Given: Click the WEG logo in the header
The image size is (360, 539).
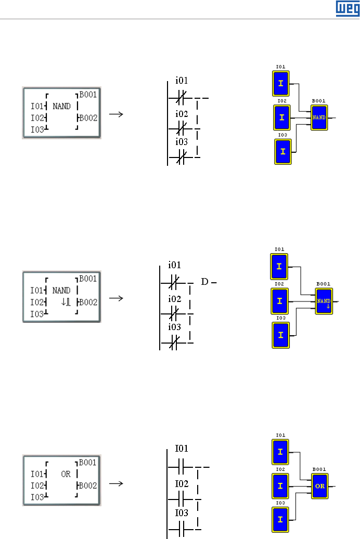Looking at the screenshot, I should tap(348, 8).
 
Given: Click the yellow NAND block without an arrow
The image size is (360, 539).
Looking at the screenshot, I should tap(319, 117).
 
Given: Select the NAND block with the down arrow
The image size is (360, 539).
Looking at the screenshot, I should tap(324, 301).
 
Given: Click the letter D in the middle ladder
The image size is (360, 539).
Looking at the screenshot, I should tap(204, 282).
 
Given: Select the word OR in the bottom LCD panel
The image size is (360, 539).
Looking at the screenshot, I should tap(66, 474).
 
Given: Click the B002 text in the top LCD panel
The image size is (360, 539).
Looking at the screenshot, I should tap(88, 118).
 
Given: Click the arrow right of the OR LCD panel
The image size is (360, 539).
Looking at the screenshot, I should tap(118, 483).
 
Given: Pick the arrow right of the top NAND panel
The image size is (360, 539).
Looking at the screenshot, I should tap(118, 114).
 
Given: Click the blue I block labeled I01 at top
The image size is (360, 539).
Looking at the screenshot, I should tap(281, 83).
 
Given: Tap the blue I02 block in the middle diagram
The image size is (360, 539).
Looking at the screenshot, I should tap(279, 301).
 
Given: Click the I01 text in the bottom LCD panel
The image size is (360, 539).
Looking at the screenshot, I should tap(36, 474).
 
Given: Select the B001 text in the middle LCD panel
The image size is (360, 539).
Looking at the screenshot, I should tap(88, 279).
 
